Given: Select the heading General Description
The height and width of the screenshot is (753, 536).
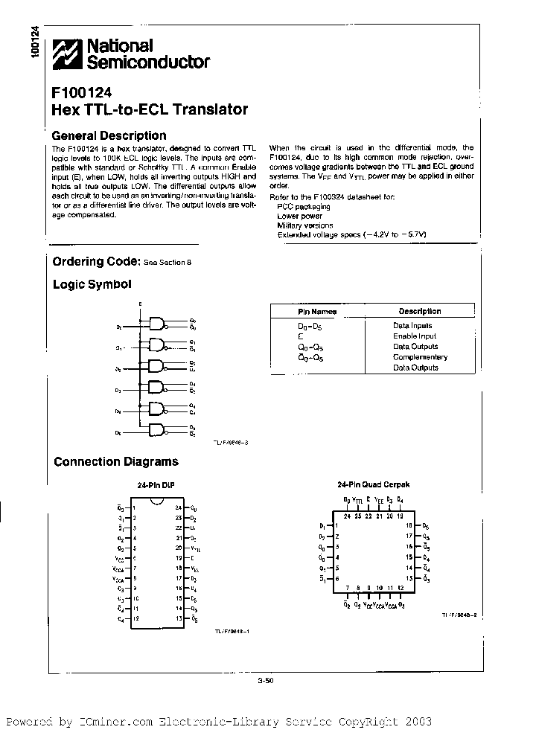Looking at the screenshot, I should [x=109, y=135].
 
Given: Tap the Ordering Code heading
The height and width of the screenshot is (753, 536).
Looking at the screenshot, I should [x=96, y=261].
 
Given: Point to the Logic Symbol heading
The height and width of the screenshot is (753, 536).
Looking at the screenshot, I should [x=92, y=284].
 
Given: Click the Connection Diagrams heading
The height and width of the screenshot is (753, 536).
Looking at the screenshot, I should [x=115, y=461].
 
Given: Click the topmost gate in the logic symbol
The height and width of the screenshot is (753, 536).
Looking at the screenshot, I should [x=158, y=323].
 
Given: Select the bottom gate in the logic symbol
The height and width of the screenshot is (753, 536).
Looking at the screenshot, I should [x=158, y=430].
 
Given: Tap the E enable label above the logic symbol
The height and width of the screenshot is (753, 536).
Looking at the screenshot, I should [x=140, y=304].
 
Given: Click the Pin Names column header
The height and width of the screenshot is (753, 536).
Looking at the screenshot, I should [x=317, y=312].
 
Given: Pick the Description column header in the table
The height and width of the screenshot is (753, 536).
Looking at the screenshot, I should [x=419, y=312].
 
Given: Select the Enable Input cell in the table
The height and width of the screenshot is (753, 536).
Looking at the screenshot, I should [x=415, y=336].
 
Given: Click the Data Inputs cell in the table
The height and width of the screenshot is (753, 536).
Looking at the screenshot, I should [x=412, y=326].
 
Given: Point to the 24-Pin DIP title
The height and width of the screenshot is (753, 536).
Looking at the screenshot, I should [x=155, y=484].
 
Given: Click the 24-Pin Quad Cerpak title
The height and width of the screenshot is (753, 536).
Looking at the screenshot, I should [x=372, y=484].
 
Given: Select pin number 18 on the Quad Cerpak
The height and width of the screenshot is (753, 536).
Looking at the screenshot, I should [x=409, y=525].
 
